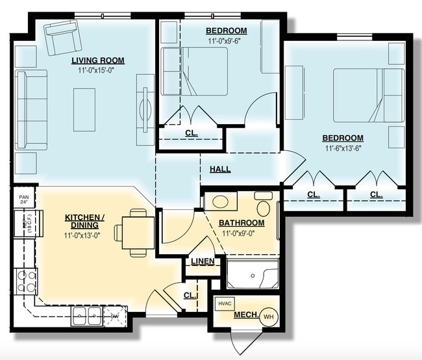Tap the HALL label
(x=220, y=170)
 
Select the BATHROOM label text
(x=242, y=223)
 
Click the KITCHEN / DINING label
(x=85, y=220)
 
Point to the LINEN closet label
(x=201, y=261)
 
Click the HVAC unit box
(x=225, y=303)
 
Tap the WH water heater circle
(x=268, y=317)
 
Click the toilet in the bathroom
(x=264, y=205)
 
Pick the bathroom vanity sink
(x=220, y=201)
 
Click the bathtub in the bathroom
(x=253, y=274)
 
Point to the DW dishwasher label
(x=114, y=316)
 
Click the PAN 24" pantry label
(x=24, y=198)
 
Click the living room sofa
(x=31, y=110)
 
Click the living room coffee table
(x=84, y=109)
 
